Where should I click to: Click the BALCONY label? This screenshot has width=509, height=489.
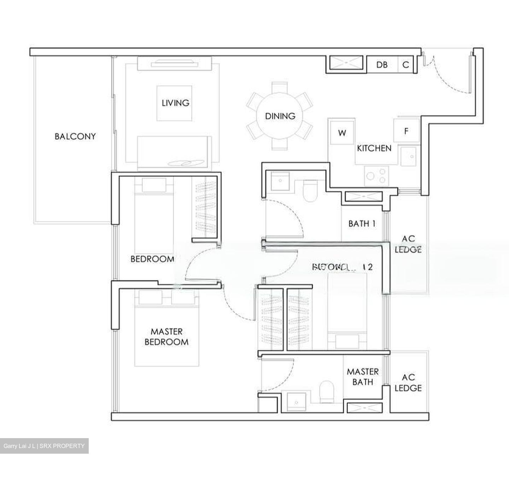pos(75,136)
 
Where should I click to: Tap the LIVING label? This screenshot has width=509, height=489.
pos(175,103)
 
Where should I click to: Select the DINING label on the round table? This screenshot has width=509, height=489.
pos(280,116)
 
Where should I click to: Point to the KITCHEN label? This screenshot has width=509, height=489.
pos(374,148)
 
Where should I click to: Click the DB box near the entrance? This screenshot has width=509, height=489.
pos(382,65)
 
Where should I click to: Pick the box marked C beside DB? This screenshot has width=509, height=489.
pos(406,65)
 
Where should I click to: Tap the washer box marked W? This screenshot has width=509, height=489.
pos(342,133)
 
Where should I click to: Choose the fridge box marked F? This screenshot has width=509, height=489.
pos(406,131)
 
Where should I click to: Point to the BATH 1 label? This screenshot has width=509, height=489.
pos(362,223)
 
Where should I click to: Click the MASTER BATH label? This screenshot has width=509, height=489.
pos(362,377)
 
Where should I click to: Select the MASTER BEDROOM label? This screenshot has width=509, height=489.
pos(166,337)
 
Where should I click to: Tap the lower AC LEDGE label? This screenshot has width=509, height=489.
pos(408,383)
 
